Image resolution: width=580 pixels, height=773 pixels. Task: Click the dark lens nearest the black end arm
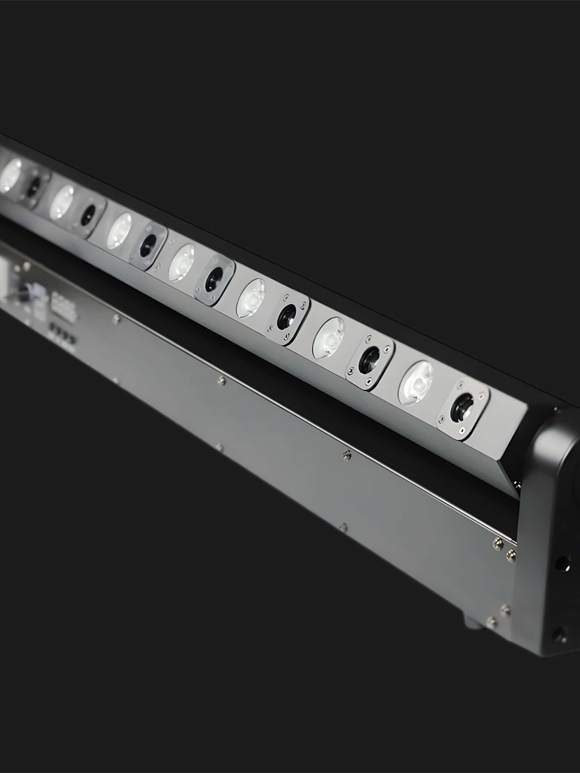point(461,407)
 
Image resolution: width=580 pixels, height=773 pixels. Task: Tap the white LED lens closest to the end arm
point(416,381)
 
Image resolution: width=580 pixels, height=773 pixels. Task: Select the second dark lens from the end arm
point(369,360)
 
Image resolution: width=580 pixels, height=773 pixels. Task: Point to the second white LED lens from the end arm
point(328,337)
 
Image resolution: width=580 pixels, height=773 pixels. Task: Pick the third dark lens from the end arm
point(286,317)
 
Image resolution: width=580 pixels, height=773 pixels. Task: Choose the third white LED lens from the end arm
point(250,297)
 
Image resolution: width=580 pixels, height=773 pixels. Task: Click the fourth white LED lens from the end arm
point(182,262)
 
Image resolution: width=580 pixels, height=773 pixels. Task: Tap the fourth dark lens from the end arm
point(213,279)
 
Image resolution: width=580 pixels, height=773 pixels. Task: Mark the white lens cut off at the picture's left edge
point(10,175)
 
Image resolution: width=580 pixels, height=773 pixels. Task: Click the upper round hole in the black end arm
point(562,563)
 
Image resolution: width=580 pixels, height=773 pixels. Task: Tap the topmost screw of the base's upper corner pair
point(498,544)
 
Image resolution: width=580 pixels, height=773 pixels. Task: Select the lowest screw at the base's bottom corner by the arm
point(490,622)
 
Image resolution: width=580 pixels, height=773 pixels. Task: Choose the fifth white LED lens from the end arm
point(119,231)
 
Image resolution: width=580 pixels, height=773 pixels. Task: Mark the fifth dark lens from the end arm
point(148,245)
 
